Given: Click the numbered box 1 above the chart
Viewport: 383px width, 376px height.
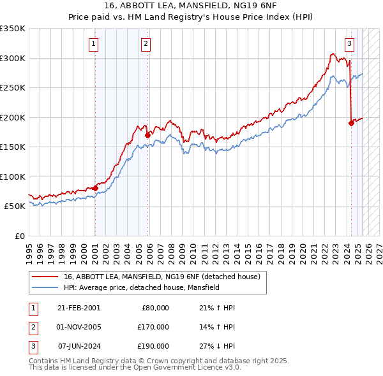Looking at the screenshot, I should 94,44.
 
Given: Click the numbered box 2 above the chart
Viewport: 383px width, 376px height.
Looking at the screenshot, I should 146,44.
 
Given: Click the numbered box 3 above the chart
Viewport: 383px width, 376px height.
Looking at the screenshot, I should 350,44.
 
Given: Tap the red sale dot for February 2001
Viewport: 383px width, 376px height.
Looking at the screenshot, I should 95,188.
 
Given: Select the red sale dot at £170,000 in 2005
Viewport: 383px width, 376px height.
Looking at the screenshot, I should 147,135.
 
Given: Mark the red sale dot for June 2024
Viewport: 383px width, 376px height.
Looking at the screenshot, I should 351,124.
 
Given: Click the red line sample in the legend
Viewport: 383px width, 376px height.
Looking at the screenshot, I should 45,277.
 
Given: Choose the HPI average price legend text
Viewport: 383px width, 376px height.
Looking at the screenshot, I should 142,287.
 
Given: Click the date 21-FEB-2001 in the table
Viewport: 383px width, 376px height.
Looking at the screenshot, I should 79,307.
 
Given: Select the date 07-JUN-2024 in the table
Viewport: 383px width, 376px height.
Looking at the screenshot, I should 79,346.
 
